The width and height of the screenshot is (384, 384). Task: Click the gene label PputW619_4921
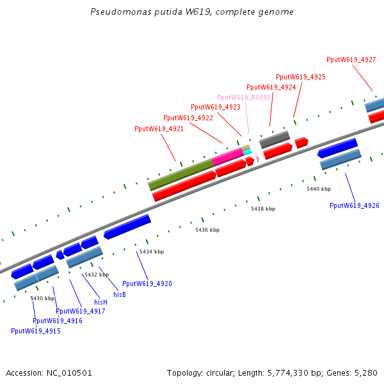pyautogui.click(x=159, y=129)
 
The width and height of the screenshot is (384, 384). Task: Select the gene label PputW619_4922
pyautogui.click(x=188, y=118)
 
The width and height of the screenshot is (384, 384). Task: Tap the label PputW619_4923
pyautogui.click(x=216, y=107)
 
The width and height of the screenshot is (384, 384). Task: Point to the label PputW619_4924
pyautogui.click(x=271, y=87)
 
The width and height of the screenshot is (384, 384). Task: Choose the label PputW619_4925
pyautogui.click(x=301, y=77)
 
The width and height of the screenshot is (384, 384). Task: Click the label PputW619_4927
pyautogui.click(x=351, y=60)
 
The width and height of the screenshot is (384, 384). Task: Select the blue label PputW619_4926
pyautogui.click(x=355, y=205)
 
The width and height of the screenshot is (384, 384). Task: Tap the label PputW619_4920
pyautogui.click(x=147, y=284)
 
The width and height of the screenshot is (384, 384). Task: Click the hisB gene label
pyautogui.click(x=120, y=294)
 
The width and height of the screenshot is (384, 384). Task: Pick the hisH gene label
pyautogui.click(x=101, y=301)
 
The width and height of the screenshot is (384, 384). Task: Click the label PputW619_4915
pyautogui.click(x=36, y=331)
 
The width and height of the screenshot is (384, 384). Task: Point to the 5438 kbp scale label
pyautogui.click(x=263, y=209)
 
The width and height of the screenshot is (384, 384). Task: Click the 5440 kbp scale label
pyautogui.click(x=319, y=189)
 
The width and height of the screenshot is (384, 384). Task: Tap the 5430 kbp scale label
pyautogui.click(x=42, y=298)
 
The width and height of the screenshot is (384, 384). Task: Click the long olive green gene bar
pyautogui.click(x=181, y=175)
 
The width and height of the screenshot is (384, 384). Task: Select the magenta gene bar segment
pyautogui.click(x=227, y=156)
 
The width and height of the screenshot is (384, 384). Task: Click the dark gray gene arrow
pyautogui.click(x=274, y=139)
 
